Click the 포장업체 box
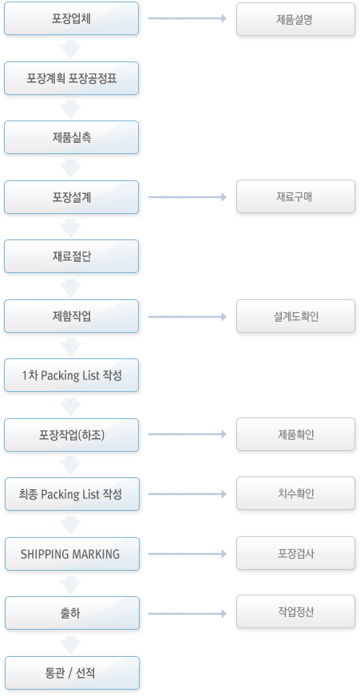72,18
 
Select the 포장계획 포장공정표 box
72,78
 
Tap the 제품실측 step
72,137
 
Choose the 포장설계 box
72,197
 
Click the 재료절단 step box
72,256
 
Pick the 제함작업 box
72,316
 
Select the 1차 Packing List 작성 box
72,375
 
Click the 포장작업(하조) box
72,435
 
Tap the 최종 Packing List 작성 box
72,494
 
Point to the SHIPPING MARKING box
72,554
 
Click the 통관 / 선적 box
72,673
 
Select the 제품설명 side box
295,19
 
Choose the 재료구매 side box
295,196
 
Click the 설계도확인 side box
295,316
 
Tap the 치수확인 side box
295,493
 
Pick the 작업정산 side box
295,611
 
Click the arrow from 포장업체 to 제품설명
188,18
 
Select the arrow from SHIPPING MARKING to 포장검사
188,553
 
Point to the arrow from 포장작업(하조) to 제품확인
188,433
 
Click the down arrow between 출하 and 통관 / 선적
70,644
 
